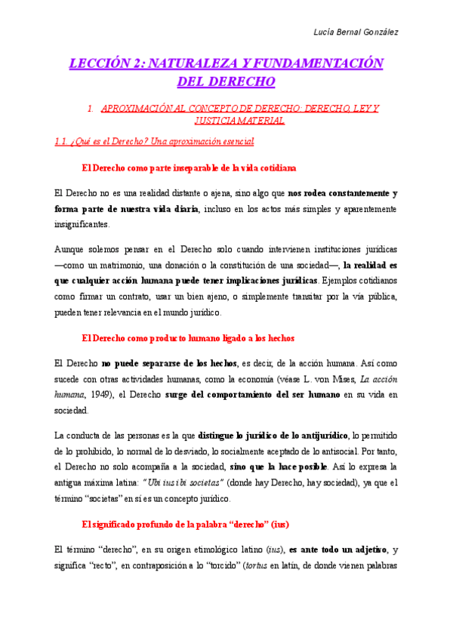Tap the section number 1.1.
point(63,141)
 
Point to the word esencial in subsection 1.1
point(234,141)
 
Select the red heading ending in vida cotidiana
point(188,168)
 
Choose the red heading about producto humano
point(187,337)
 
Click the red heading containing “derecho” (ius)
point(185,524)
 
